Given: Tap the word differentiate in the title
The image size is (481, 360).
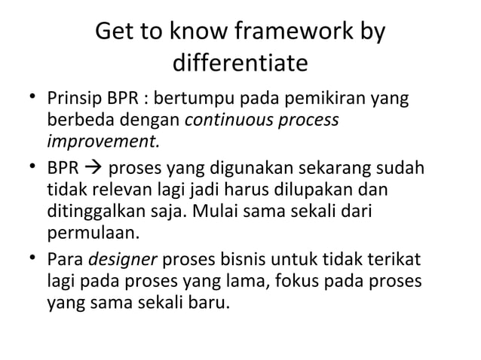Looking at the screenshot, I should (240, 63).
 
